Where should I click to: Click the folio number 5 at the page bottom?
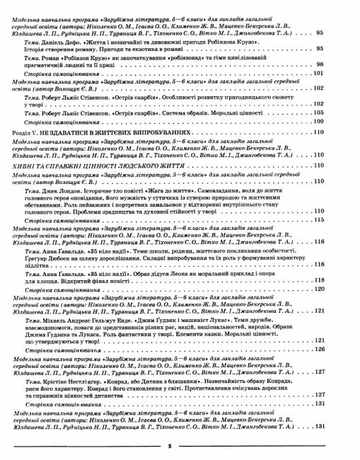180,447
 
